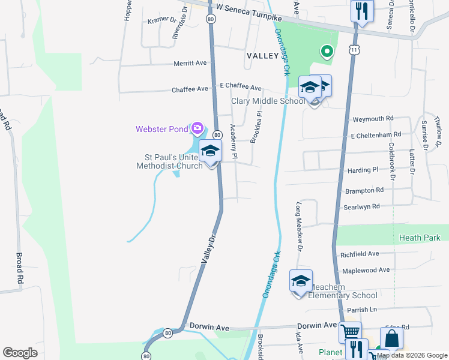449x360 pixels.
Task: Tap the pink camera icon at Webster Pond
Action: tap(197, 128)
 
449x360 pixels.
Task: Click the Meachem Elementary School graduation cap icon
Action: tap(301, 281)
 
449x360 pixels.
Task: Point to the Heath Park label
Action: tap(420, 238)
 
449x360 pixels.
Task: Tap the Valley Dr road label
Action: tap(208, 248)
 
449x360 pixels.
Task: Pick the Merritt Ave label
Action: tap(190, 63)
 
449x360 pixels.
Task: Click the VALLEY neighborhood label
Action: tap(262, 55)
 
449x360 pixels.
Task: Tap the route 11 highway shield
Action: tap(355, 50)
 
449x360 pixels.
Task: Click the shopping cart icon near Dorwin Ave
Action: tap(350, 331)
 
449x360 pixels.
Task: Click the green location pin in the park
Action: tap(327, 52)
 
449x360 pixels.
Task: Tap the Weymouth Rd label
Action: tap(373, 119)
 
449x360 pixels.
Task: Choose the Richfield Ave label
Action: tap(360, 254)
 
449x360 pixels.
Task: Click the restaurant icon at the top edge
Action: tap(362, 10)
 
